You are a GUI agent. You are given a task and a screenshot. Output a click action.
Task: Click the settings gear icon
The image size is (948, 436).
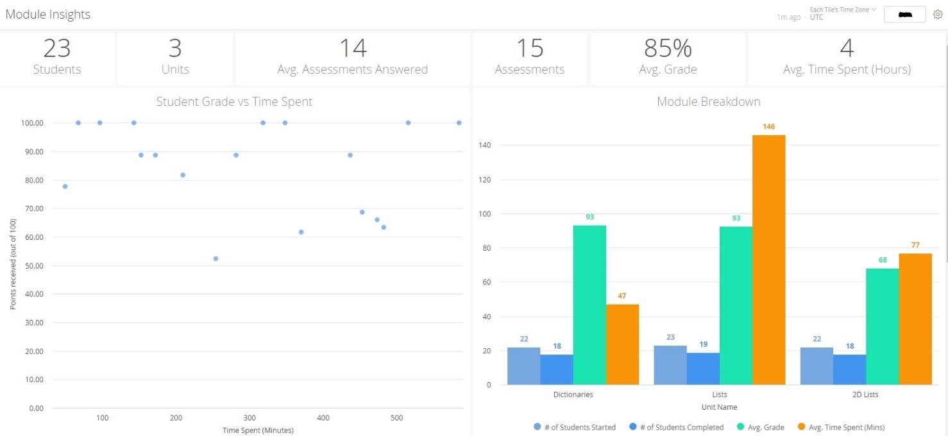[937, 14]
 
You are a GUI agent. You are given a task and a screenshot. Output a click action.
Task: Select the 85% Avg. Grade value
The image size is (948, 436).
[668, 49]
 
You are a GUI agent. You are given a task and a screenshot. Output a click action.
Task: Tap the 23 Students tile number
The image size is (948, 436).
[57, 49]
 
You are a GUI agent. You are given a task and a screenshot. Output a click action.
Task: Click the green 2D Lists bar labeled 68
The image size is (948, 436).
[882, 326]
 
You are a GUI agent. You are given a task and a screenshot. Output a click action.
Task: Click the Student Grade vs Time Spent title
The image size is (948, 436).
[234, 101]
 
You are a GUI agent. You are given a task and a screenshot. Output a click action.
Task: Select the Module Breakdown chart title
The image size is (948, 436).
[708, 101]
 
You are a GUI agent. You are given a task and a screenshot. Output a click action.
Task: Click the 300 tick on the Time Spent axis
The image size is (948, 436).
[250, 418]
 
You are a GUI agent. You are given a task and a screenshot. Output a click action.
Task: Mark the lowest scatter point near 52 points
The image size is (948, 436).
[216, 258]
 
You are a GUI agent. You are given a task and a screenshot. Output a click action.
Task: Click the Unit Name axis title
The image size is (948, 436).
[719, 407]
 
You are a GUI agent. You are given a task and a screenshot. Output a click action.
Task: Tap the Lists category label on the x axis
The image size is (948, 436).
[719, 395]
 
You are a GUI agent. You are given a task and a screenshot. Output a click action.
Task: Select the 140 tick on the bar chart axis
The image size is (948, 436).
[486, 146]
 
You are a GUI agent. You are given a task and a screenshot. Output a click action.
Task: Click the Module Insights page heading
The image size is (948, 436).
[48, 14]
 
